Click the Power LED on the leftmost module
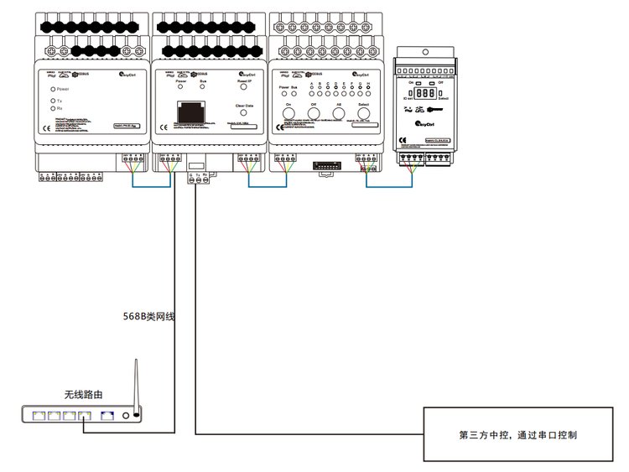pos(53,88)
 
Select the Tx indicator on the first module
pos(53,101)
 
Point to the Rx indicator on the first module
pos(53,109)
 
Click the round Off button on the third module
pos(314,114)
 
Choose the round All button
pos(339,114)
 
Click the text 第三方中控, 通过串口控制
pos(517,434)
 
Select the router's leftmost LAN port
pos(39,414)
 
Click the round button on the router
pos(126,414)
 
